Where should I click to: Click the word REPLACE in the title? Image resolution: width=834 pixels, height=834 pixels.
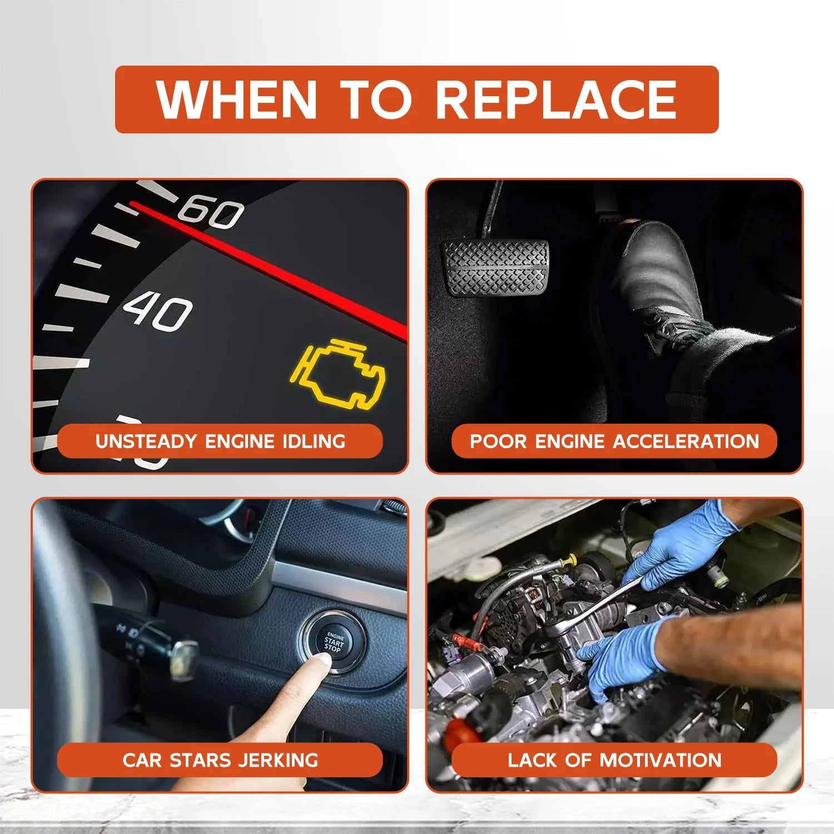pos(556,100)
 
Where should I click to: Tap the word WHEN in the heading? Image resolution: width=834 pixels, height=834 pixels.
pos(237,100)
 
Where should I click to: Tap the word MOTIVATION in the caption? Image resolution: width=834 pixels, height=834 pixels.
pos(661,760)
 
